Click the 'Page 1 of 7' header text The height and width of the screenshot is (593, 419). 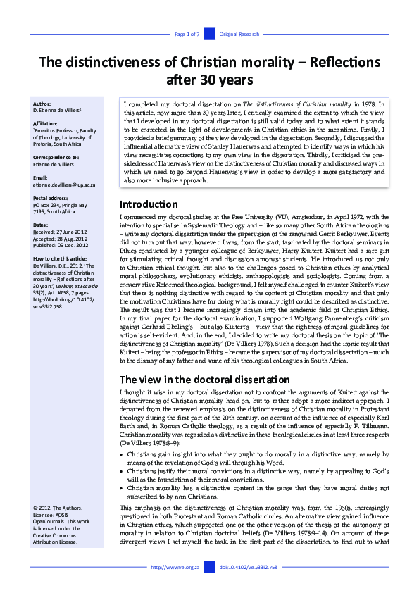(x=187, y=34)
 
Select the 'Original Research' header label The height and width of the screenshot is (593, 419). (x=239, y=34)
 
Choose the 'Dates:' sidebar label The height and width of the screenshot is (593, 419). (x=41, y=225)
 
